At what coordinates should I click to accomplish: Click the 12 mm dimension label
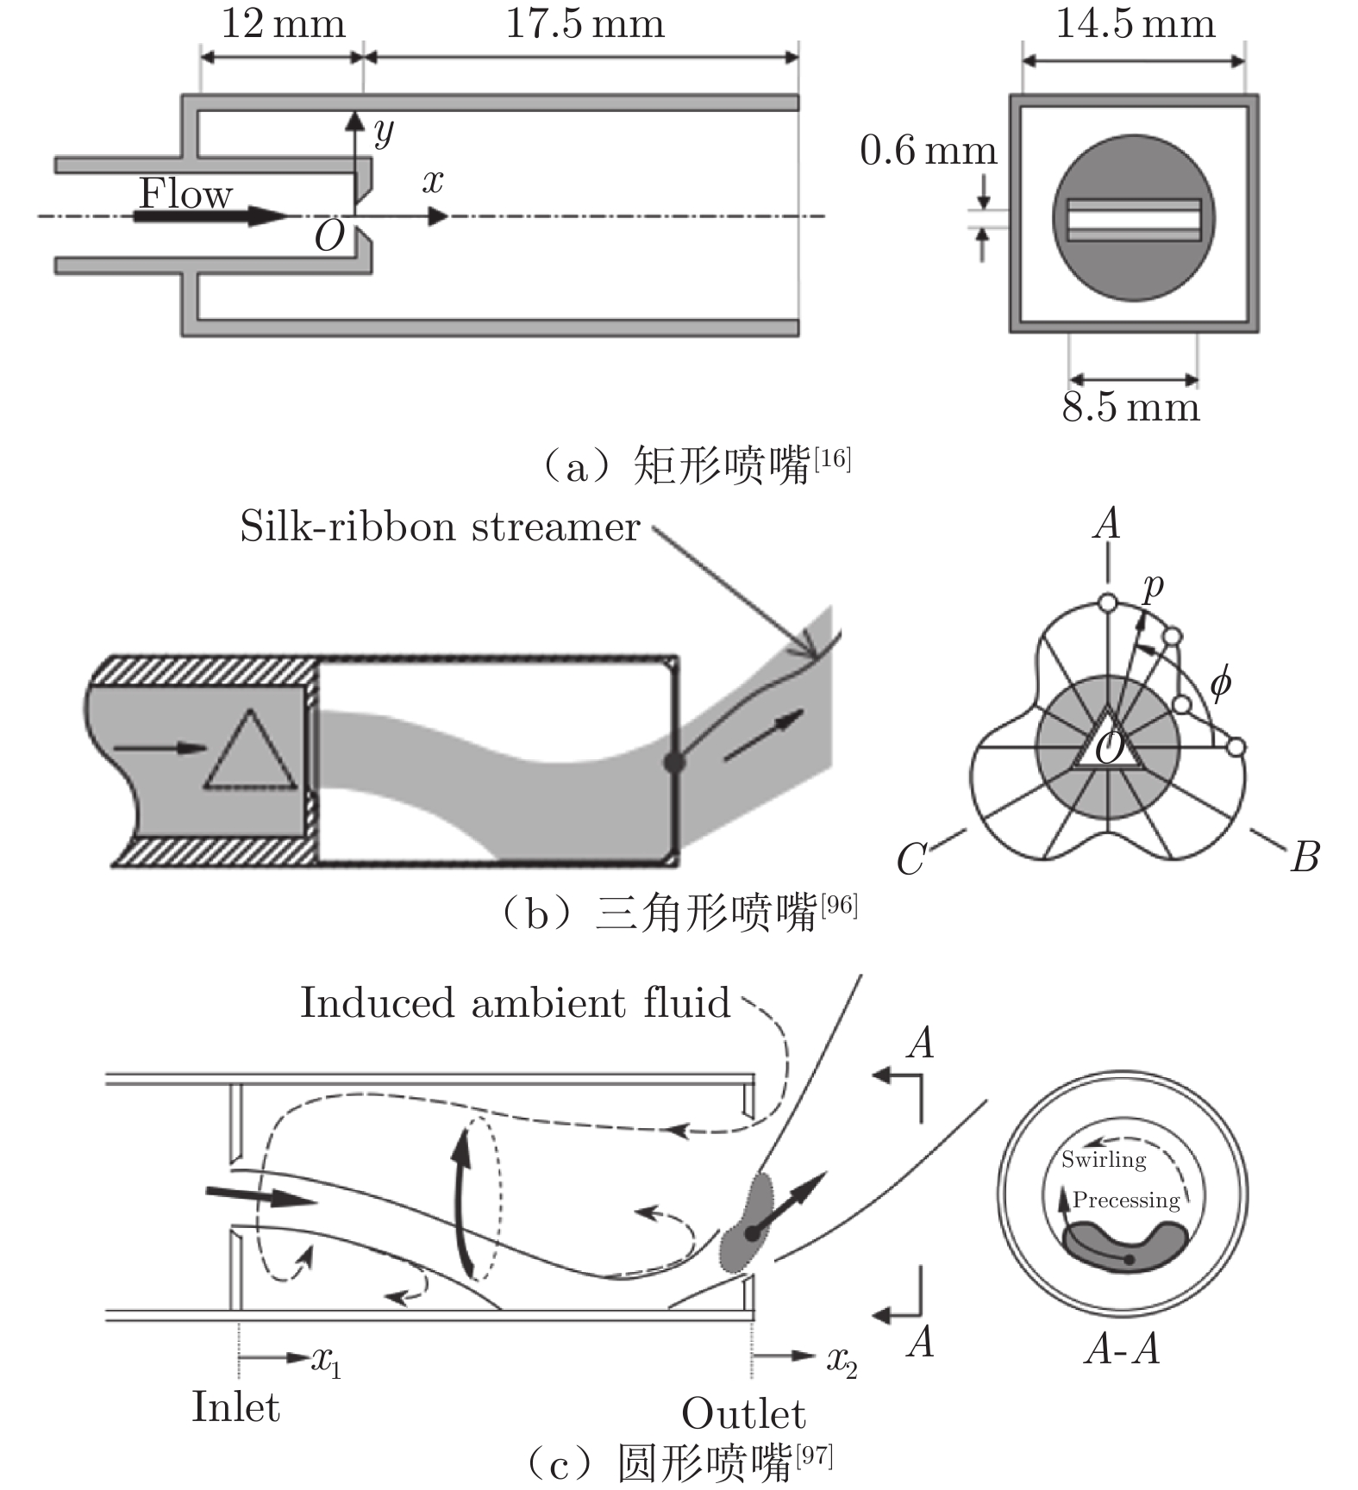pos(283,23)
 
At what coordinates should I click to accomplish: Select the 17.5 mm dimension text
pos(585,23)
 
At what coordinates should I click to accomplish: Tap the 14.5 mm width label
pos(1135,23)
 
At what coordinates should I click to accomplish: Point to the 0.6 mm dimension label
pos(928,151)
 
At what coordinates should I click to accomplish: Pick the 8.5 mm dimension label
pos(1130,407)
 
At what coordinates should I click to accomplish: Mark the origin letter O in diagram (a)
pos(329,236)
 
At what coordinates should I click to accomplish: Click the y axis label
pos(383,131)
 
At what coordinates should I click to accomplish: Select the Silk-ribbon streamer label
pos(440,527)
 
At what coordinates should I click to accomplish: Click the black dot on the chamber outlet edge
pos(674,762)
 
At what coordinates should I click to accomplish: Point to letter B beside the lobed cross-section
pos(1304,857)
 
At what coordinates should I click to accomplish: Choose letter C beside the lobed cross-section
pos(911,858)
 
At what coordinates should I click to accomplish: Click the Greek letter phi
pos(1219,683)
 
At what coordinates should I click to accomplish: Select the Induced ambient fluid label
pos(515,1003)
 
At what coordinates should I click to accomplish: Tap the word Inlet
pos(235,1407)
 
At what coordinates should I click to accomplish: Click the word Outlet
pos(743,1414)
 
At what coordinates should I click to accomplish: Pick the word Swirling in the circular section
pos(1103,1159)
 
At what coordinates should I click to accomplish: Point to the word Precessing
pos(1126,1200)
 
